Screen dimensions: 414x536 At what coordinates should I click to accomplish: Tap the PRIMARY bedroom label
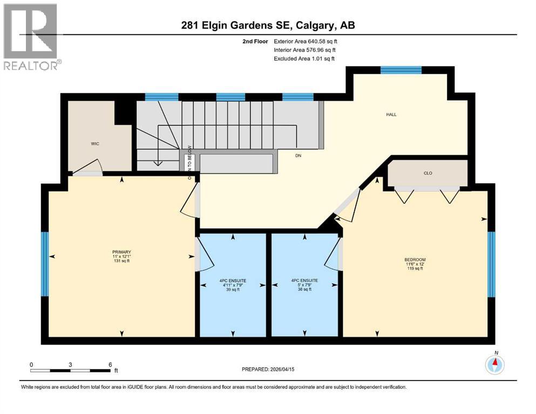point(121,252)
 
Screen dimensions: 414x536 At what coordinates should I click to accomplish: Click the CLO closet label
point(428,173)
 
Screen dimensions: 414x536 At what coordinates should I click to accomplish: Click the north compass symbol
point(494,365)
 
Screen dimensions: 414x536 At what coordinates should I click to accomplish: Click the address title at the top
point(268,25)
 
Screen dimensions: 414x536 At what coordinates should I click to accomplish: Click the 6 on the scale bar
point(110,364)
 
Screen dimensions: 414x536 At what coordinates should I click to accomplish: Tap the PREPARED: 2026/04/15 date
point(268,369)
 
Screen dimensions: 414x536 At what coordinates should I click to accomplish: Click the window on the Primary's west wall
point(45,264)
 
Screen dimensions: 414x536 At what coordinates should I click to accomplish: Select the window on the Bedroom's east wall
point(491,264)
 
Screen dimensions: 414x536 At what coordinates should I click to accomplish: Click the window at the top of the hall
point(401,70)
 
